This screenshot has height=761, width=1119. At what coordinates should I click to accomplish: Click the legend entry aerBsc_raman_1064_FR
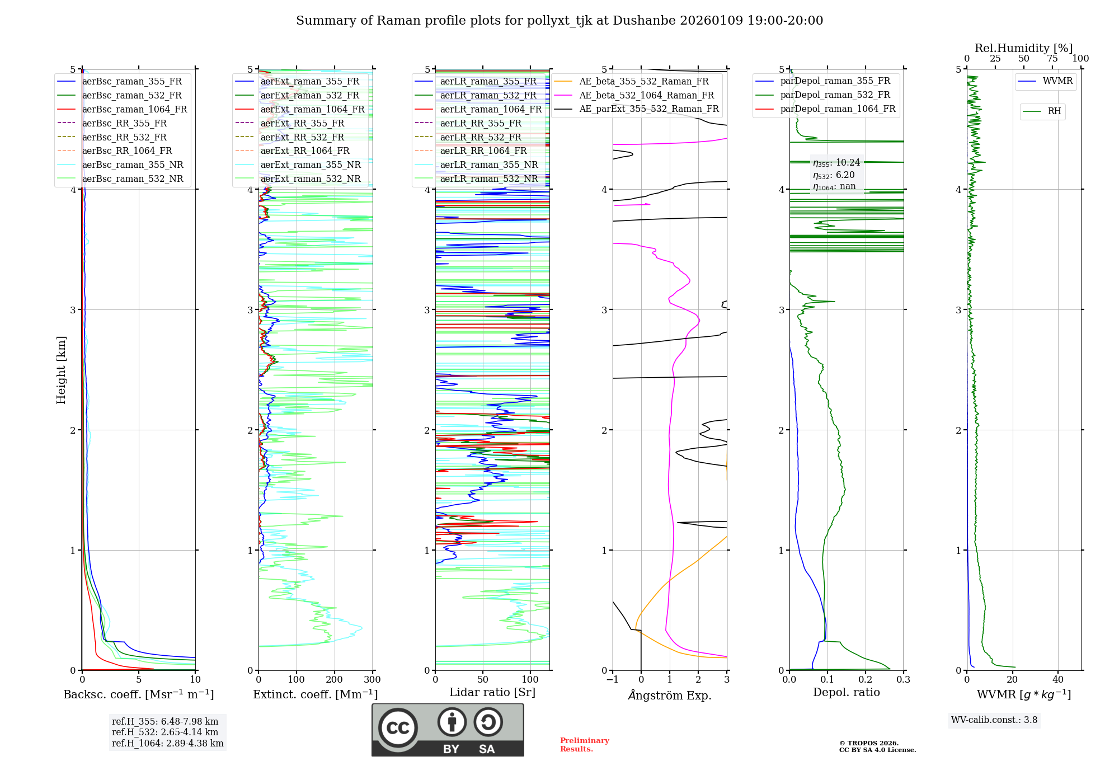point(134,109)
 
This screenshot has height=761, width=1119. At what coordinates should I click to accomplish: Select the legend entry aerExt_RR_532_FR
point(302,137)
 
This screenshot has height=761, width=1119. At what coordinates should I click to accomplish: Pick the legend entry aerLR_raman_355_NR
point(488,165)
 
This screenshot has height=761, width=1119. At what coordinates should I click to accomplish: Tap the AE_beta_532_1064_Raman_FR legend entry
point(646,95)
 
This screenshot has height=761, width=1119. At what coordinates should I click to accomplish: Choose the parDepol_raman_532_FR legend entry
point(835,95)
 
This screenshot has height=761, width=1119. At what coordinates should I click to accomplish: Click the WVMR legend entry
point(1057,81)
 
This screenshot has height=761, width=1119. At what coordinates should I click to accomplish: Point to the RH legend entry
point(1054,111)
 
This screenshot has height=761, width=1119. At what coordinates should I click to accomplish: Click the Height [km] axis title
point(61,370)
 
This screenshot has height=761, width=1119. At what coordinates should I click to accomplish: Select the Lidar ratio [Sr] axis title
point(492,692)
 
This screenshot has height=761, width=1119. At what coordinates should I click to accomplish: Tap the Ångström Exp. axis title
point(670,695)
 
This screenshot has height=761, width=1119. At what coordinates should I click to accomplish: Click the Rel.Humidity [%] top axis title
point(1023,48)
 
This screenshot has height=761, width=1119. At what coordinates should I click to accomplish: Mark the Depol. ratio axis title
point(846,692)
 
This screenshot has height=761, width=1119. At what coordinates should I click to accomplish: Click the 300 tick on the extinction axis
point(372,680)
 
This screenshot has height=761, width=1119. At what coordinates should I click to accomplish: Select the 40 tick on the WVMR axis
point(1057,680)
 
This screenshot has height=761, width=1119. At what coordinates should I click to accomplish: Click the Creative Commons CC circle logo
point(398,727)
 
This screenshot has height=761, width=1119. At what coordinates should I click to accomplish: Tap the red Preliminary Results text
point(584,744)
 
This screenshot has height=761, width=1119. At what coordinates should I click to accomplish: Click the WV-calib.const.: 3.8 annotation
point(994,720)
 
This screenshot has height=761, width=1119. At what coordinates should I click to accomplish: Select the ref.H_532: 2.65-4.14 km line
point(165,732)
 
